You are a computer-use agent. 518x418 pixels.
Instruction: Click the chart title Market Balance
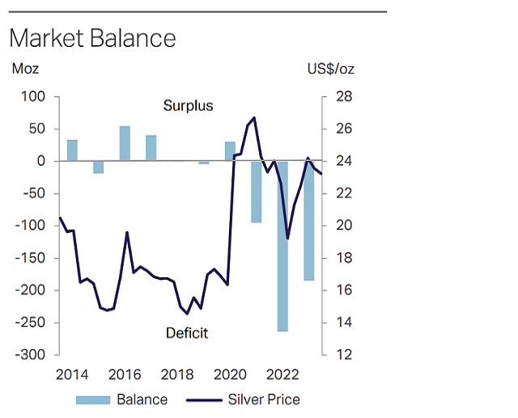tap(91, 38)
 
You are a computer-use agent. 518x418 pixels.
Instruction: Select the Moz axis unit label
tap(25, 69)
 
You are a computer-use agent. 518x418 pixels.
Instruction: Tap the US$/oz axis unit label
tap(331, 69)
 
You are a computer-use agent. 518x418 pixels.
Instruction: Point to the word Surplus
tap(188, 106)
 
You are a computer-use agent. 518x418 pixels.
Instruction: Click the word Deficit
tap(187, 332)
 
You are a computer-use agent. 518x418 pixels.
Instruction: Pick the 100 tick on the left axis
tap(34, 97)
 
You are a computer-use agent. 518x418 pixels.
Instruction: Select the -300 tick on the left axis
tap(32, 355)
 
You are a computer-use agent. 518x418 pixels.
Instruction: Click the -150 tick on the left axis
tap(32, 258)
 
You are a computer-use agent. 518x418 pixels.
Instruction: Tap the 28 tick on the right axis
tap(342, 97)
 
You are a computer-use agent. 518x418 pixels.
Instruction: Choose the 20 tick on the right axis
tap(342, 226)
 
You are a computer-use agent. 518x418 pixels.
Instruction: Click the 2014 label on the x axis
tap(72, 374)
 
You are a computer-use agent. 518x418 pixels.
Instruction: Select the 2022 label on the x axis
tap(282, 374)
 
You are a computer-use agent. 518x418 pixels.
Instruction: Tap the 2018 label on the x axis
tap(177, 374)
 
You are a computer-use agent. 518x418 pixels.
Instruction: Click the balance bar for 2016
tap(125, 143)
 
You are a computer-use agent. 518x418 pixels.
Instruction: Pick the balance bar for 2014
tap(72, 150)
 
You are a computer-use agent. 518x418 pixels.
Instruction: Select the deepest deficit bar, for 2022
tap(282, 247)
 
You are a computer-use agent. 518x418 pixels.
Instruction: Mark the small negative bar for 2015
tap(98, 167)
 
